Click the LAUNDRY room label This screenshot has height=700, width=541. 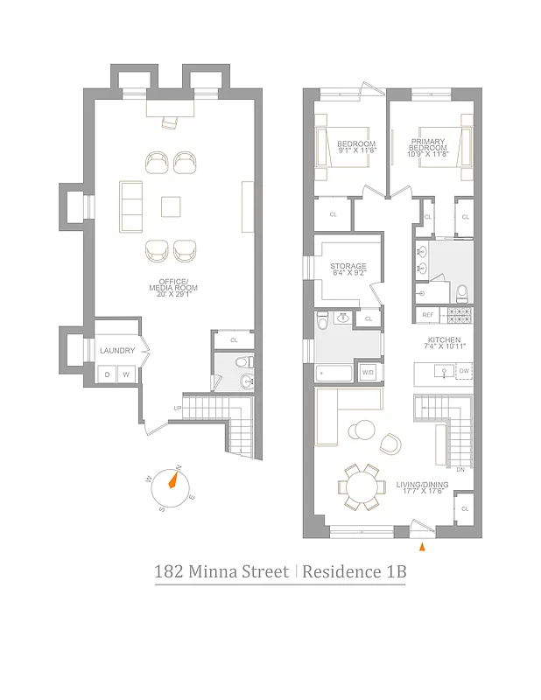[x=117, y=351]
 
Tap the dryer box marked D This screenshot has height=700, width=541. [x=107, y=374]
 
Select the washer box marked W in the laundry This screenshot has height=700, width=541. [x=126, y=374]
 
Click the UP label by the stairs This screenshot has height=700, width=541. [x=179, y=408]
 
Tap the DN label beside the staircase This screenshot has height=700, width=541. [x=460, y=470]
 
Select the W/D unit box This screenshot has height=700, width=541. [x=368, y=374]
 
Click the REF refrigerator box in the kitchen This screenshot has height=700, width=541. [x=428, y=315]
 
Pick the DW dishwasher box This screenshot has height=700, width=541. [x=464, y=372]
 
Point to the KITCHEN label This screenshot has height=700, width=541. [x=446, y=342]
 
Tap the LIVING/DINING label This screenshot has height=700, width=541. [x=423, y=486]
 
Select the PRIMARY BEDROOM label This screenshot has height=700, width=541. [x=427, y=146]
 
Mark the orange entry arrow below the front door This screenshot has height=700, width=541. [x=423, y=547]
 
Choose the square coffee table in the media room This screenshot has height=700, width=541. [x=172, y=206]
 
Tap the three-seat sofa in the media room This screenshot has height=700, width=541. [x=131, y=205]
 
